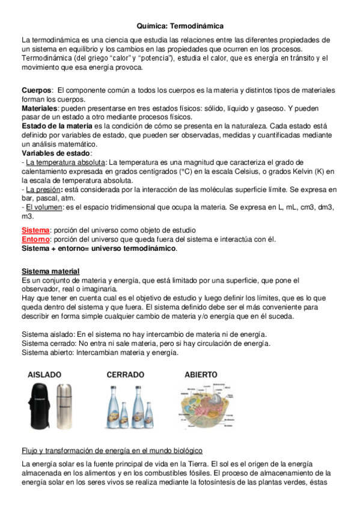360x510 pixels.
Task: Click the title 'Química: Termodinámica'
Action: pos(180,26)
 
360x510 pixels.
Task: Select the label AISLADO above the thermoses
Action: pos(44,375)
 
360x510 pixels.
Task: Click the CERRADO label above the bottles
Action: pos(125,374)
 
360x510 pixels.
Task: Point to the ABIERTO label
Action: pos(201,374)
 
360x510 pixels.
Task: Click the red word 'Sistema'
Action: pos(35,230)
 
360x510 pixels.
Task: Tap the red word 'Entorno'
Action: pos(35,239)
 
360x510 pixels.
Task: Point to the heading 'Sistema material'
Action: pos(50,271)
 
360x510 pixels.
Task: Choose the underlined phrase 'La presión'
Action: pos(44,188)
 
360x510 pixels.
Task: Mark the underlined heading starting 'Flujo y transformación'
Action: pos(112,451)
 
